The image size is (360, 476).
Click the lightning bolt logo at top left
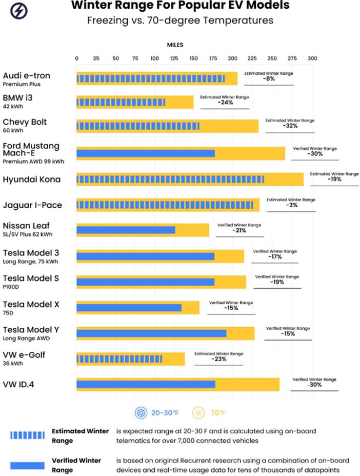(x=19, y=11)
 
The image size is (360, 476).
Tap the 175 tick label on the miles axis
(x=213, y=58)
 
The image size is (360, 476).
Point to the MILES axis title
(x=175, y=45)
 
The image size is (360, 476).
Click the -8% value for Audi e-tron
(x=269, y=79)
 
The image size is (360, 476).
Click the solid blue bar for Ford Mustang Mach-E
(x=146, y=153)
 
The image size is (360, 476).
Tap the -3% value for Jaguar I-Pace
(x=291, y=205)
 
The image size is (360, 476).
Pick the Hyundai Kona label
(x=32, y=180)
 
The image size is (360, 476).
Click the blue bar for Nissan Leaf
(x=126, y=230)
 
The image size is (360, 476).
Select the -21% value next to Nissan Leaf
(x=239, y=231)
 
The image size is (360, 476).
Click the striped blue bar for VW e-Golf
(x=119, y=359)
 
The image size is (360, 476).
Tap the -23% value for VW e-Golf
(x=219, y=359)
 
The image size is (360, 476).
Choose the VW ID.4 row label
(x=18, y=385)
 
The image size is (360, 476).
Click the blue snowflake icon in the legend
(x=141, y=413)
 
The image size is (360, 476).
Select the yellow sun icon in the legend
(x=198, y=413)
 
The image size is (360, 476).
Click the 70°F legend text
(x=218, y=413)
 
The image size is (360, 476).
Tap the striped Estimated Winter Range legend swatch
(x=27, y=435)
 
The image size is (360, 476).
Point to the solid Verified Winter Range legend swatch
(x=27, y=465)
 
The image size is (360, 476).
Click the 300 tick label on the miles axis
(x=312, y=58)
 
